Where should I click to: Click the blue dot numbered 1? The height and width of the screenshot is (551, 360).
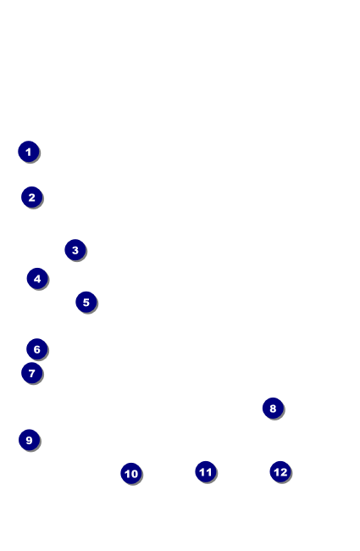(x=29, y=152)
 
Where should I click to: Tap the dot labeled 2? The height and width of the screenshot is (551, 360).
(x=31, y=197)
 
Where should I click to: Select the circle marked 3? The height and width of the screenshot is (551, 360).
(x=75, y=249)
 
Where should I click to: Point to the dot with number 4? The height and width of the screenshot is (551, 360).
(x=37, y=278)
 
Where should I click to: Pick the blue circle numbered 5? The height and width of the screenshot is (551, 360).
(x=86, y=302)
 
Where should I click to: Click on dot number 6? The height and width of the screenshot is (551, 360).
(x=37, y=349)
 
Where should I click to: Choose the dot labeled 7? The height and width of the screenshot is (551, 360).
(x=31, y=372)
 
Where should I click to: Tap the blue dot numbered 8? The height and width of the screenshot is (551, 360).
(x=273, y=408)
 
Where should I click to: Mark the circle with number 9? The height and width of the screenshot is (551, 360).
(x=29, y=440)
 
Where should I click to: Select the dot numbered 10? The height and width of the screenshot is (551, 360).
(x=131, y=473)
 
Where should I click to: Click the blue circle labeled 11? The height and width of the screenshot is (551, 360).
(x=206, y=471)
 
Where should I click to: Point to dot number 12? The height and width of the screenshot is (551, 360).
(x=280, y=471)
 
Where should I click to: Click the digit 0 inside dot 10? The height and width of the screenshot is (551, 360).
(x=134, y=474)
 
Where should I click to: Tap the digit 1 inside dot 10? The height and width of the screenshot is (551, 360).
(x=127, y=474)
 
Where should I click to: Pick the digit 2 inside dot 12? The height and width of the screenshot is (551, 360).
(x=284, y=471)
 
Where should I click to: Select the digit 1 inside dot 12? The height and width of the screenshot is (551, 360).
(x=276, y=471)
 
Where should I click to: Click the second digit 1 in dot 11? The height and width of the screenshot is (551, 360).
(x=209, y=471)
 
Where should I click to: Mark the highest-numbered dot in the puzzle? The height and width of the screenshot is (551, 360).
(x=280, y=471)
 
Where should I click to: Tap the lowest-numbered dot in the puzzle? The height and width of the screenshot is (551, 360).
(x=29, y=152)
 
